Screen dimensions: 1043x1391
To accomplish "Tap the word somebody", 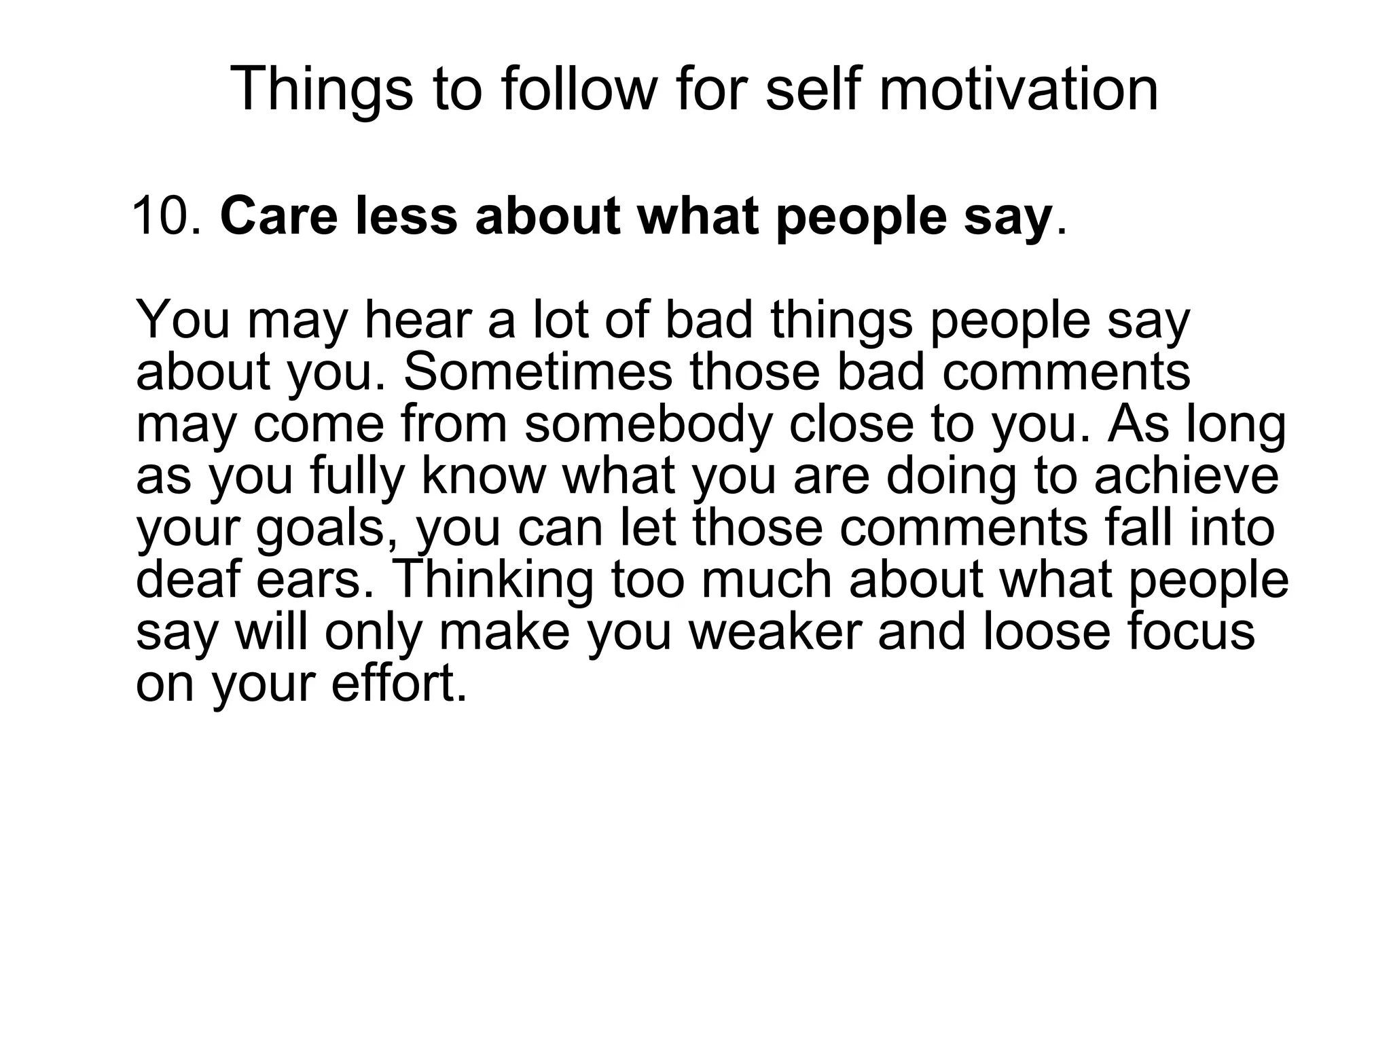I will (649, 424).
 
